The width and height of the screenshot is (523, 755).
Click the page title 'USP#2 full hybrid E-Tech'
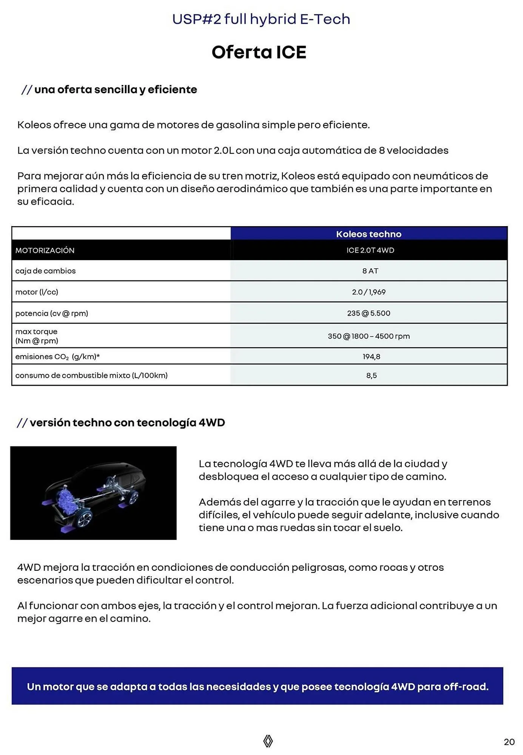[x=261, y=19]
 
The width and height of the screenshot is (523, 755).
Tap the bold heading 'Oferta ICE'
[x=259, y=52]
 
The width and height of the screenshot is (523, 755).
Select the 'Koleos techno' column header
[x=369, y=234]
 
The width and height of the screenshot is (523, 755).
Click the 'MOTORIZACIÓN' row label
[x=45, y=250]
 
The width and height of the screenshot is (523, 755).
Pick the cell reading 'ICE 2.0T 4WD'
[x=370, y=250]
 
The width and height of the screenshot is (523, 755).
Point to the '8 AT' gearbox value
[x=370, y=271]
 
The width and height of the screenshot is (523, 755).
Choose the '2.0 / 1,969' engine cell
[x=369, y=292]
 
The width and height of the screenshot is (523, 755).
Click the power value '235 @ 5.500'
[x=369, y=313]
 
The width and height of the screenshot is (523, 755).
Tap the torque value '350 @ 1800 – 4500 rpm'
[x=369, y=336]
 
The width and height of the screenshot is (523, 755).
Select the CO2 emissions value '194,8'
[x=371, y=356]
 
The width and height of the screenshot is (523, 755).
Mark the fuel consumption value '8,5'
[x=371, y=375]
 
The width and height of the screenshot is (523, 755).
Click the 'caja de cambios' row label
[x=45, y=271]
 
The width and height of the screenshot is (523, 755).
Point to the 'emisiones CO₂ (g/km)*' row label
[x=57, y=356]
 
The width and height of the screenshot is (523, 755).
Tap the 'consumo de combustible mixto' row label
[x=91, y=375]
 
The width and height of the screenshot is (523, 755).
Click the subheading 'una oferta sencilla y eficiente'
[x=116, y=89]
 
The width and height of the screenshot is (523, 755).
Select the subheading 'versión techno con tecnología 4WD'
[x=127, y=422]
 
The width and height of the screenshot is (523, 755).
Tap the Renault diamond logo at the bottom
[x=268, y=741]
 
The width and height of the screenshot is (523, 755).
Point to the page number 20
[x=509, y=742]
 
